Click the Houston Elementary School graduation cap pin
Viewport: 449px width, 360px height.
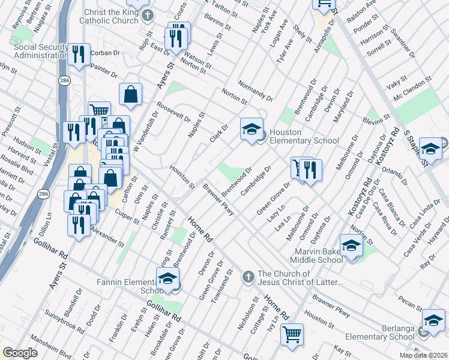click(252, 128)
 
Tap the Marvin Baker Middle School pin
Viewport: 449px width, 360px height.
click(351, 246)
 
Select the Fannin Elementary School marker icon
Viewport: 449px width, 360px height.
click(167, 279)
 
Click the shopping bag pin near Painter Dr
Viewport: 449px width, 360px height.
click(130, 94)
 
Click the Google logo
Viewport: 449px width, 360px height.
click(20, 353)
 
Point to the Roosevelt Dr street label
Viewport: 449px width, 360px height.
click(174, 110)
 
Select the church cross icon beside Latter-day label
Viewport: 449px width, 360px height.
click(248, 277)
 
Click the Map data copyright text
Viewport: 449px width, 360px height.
click(424, 355)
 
